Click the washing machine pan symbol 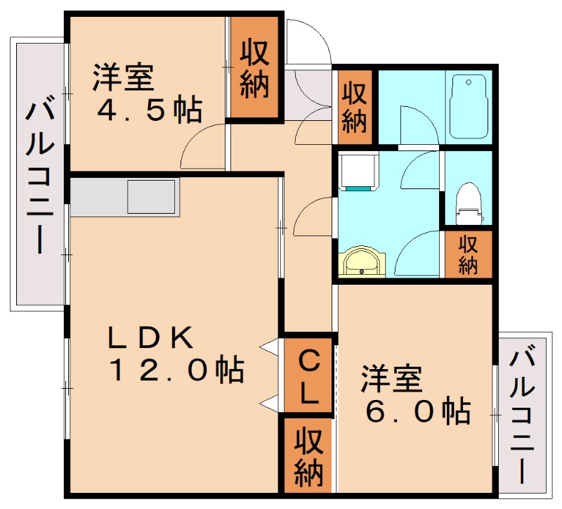tap(358, 172)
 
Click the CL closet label tap(308, 378)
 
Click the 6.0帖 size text tap(417, 411)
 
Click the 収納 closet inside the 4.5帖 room tap(254, 68)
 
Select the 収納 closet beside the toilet tap(467, 254)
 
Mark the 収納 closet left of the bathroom tap(354, 107)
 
